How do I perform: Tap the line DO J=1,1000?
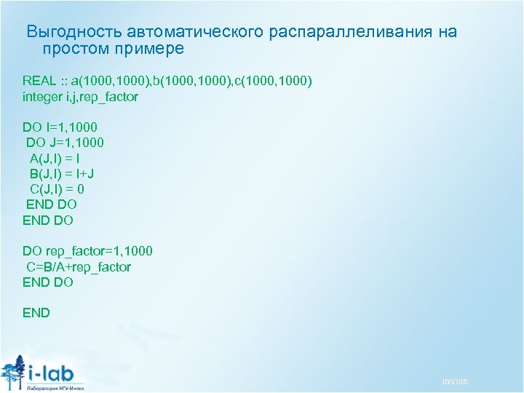click(x=65, y=143)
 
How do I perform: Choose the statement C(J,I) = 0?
click(x=57, y=188)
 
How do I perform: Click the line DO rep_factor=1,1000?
click(x=87, y=251)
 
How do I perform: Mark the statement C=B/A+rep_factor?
click(x=79, y=266)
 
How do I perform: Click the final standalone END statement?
click(x=36, y=313)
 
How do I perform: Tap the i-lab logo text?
click(x=55, y=372)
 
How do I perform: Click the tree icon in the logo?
click(x=12, y=371)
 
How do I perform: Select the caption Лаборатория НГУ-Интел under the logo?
click(x=55, y=387)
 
